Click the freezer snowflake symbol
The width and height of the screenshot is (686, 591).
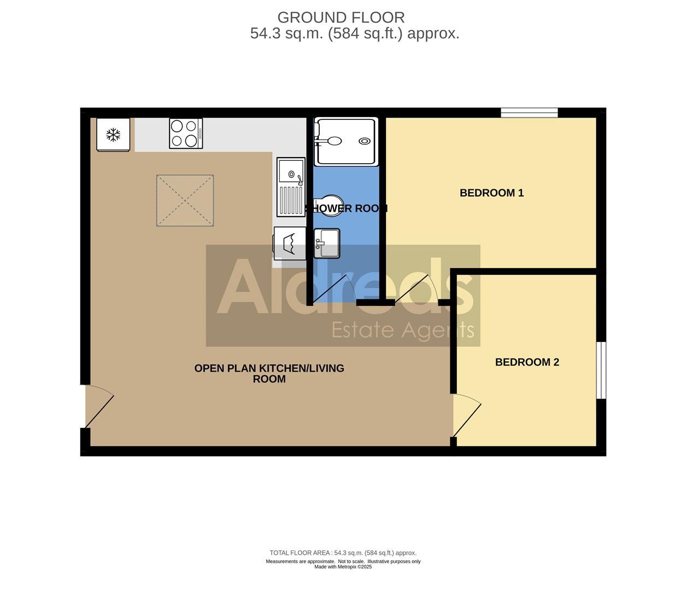pos(113,135)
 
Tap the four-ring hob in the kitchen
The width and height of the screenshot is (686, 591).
pos(186,134)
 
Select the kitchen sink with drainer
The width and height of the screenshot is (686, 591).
pos(291,187)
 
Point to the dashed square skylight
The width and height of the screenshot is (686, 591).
pos(185,200)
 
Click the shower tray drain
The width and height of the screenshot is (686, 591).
pos(364,141)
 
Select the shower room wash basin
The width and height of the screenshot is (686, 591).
pos(327,243)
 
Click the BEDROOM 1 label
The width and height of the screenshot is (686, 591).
pos(491,193)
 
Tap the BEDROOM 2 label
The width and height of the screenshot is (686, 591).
pos(527,362)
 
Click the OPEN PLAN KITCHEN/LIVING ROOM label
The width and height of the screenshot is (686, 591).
pos(269,373)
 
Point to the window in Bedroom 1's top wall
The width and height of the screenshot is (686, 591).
pos(529,113)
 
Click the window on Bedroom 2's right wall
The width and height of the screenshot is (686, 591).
pos(601,370)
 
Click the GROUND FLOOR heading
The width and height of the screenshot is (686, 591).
pos(341,18)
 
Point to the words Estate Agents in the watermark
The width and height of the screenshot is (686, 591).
pos(403,329)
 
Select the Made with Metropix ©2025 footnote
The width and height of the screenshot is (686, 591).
pos(343,567)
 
